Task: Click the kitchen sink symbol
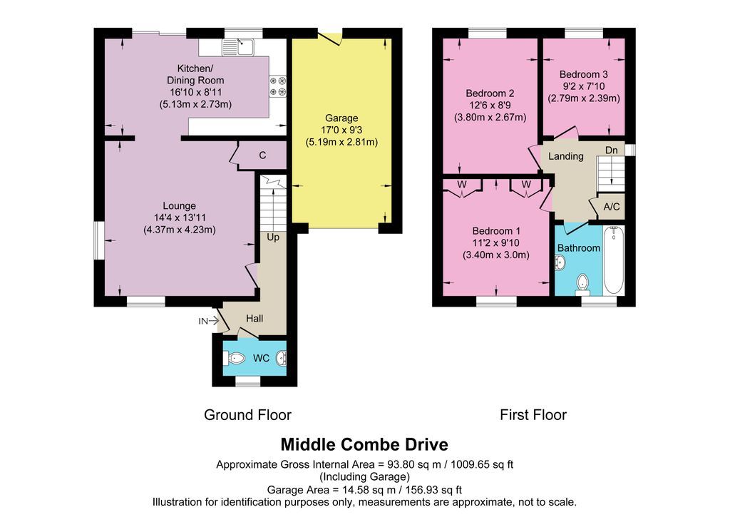point(238,47)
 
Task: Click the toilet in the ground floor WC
point(236,358)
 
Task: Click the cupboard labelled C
point(262,155)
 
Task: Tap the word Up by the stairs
point(273,237)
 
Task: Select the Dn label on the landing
point(612,150)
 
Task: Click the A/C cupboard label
point(611,207)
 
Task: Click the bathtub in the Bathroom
point(613,260)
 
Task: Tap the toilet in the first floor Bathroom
point(584,282)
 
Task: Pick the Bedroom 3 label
point(583,74)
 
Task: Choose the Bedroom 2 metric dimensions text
point(490,118)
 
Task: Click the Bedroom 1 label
point(496,231)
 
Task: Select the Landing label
point(566,156)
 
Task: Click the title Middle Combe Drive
point(364,444)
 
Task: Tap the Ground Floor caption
point(247,414)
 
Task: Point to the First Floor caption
point(533,414)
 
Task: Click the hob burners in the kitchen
point(277,86)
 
